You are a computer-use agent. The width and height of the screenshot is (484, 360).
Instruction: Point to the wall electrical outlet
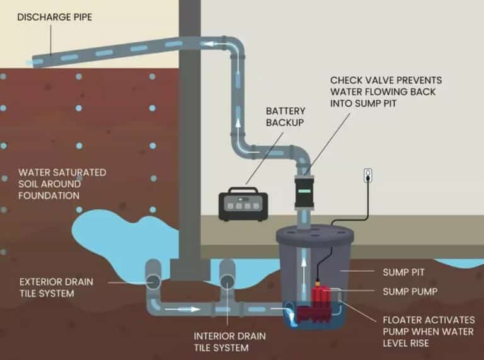(x=368, y=176)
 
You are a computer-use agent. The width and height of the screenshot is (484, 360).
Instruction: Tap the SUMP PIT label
(x=403, y=272)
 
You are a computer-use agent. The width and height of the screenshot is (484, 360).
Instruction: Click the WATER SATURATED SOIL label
(x=62, y=183)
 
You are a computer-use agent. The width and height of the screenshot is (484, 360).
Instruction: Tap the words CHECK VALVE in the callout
(x=360, y=81)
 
